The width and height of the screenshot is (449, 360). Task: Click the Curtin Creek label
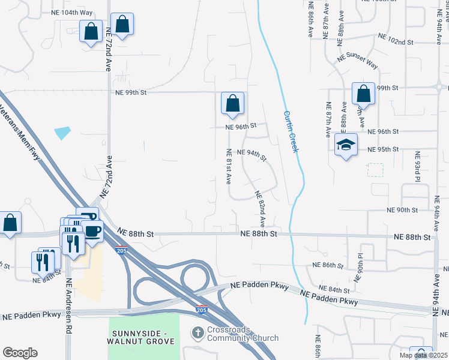pos(291,131)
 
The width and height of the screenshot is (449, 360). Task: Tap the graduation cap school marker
pos(346,145)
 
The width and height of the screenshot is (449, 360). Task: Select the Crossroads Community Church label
pos(235,334)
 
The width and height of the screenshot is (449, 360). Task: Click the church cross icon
pos(197,332)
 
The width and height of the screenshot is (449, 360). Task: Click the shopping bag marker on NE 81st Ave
pos(232,103)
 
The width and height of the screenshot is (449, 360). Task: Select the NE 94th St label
pos(252,155)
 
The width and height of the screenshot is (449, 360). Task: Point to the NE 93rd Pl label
pos(417,167)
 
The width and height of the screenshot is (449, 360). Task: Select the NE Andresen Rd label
pos(69,306)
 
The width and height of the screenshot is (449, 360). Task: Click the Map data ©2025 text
pos(423,356)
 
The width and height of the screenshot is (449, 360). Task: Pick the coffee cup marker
pos(92,231)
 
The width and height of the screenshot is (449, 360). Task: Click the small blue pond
pos(62,133)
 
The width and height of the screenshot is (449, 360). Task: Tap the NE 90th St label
pos(403,209)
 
